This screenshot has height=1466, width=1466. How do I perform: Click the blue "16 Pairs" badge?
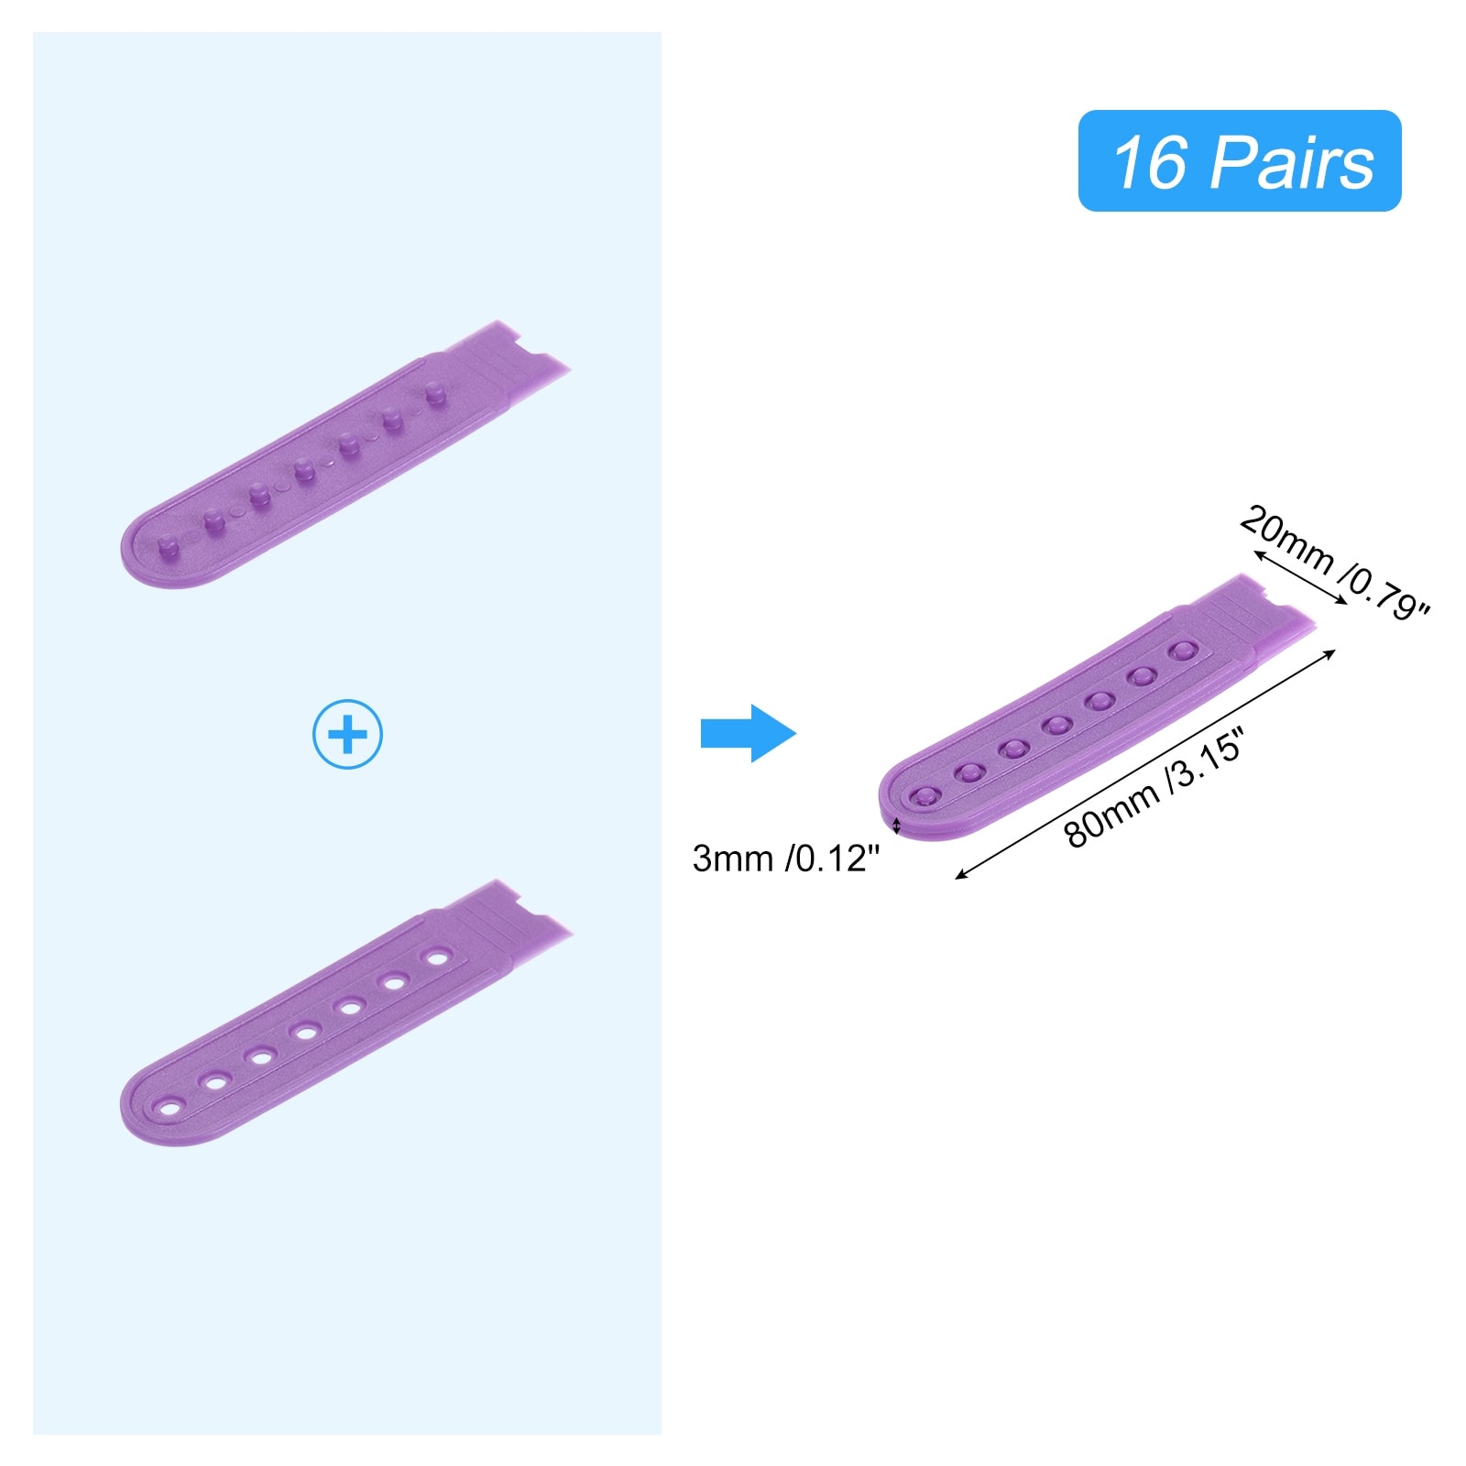coord(1239,161)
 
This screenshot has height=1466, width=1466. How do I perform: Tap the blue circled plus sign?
coord(347,734)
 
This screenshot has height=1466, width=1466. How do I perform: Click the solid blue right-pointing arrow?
coord(748,733)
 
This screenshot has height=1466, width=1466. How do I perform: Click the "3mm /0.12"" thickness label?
coord(785,859)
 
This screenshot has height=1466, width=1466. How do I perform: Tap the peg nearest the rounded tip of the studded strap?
coord(168,547)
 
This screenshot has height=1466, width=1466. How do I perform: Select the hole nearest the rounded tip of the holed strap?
coord(170,1109)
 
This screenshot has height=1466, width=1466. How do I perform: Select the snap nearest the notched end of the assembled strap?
coord(1183,651)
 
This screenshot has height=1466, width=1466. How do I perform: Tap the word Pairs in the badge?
coord(1294,162)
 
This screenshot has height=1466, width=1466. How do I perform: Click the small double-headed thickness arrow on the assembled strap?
coord(897,827)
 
